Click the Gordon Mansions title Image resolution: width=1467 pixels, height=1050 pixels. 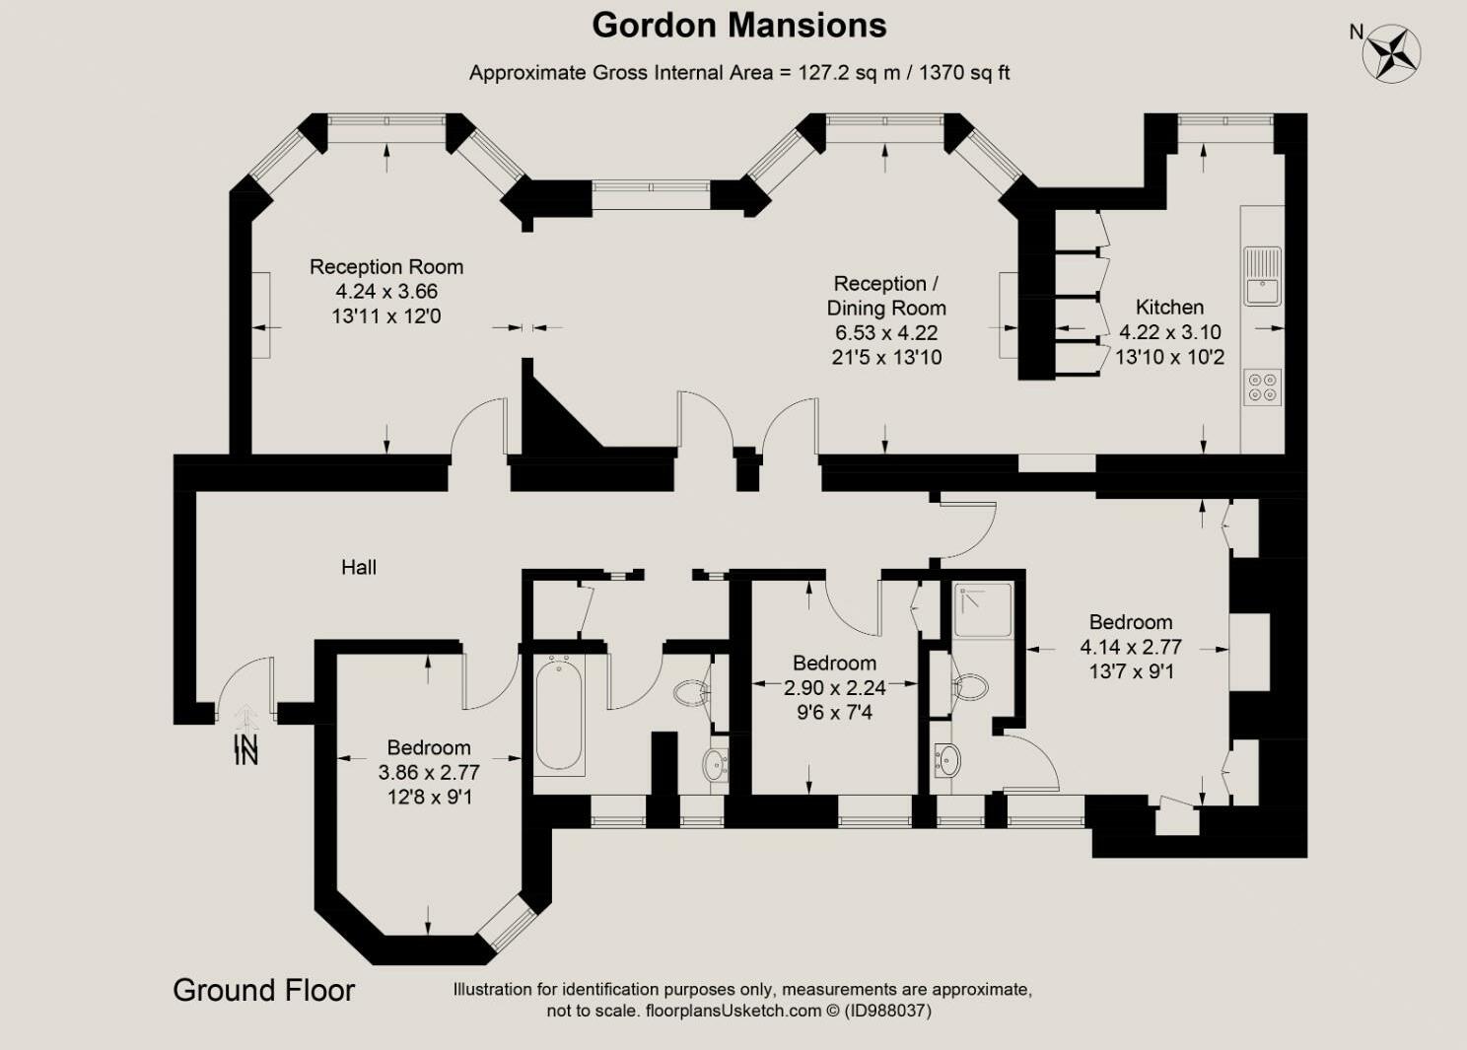click(x=738, y=27)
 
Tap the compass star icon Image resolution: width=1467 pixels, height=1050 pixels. click(x=1391, y=53)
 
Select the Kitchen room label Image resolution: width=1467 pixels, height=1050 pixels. click(x=1169, y=307)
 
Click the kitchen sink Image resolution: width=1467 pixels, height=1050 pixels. click(x=1262, y=276)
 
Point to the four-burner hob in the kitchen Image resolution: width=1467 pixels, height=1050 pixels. click(x=1262, y=386)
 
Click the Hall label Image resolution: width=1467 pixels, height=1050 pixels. click(x=359, y=567)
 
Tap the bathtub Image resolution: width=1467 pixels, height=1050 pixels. click(x=558, y=716)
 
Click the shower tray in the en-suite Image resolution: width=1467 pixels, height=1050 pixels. click(x=982, y=610)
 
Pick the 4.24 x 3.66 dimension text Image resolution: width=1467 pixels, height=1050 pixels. click(x=386, y=292)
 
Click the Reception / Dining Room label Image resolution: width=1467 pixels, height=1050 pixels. click(x=886, y=296)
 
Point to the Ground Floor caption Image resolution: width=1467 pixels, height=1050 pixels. click(x=264, y=990)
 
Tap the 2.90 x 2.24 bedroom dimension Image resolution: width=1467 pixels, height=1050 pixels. click(x=834, y=688)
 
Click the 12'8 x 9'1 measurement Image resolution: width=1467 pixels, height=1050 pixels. click(x=429, y=798)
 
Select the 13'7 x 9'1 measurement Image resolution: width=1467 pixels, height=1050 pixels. click(x=1131, y=671)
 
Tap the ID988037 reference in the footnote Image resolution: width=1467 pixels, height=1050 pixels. click(x=888, y=1011)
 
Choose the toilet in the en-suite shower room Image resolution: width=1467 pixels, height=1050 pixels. click(x=969, y=687)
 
